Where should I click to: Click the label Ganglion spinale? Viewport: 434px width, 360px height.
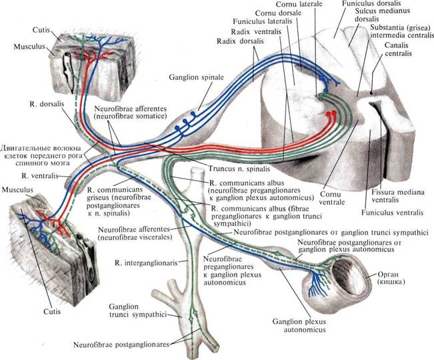196,77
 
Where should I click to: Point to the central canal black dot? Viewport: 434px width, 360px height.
371,93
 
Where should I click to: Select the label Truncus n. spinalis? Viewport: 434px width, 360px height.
239,169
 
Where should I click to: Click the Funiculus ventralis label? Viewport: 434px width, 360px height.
393,213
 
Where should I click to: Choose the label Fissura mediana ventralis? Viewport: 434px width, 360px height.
398,195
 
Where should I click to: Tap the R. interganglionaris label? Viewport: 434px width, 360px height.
146,263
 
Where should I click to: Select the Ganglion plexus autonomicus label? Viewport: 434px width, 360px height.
299,325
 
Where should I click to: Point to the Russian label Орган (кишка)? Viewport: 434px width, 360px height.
388,278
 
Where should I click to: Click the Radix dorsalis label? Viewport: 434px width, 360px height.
240,41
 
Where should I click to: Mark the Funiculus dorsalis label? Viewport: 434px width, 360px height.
371,3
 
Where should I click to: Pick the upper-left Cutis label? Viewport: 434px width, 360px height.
41,30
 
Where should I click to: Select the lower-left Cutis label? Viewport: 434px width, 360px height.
52,311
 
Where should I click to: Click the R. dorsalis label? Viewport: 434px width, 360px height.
47,104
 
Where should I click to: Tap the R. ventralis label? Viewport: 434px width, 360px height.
40,176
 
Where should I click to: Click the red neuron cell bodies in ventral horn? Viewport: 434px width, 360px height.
331,113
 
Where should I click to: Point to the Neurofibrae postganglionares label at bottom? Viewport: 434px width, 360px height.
121,345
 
